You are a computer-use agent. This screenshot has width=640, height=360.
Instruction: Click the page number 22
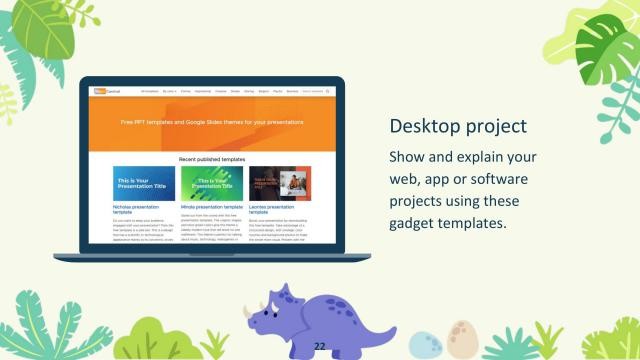click(x=321, y=346)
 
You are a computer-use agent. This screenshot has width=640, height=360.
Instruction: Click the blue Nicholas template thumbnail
click(x=144, y=183)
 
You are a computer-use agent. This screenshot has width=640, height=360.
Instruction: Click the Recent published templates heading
click(x=211, y=159)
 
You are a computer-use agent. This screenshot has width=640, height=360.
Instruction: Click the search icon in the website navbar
click(x=327, y=91)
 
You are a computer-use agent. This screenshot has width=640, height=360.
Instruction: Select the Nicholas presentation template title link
click(x=136, y=210)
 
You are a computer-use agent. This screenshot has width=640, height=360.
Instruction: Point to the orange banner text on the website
click(x=211, y=123)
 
